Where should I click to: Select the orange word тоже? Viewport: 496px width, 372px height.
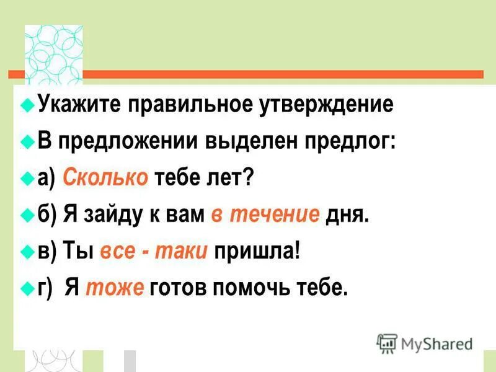coord(115,288)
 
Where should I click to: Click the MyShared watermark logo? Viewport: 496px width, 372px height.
coord(425,343)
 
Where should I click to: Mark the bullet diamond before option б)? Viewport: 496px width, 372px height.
coord(26,215)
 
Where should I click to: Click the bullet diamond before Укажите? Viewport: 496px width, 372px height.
coord(26,104)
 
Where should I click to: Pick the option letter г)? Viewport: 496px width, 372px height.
coord(46,288)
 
